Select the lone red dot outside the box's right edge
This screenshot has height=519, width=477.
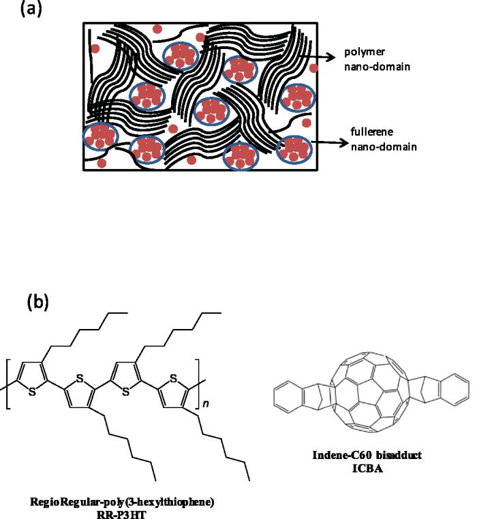pos(313,69)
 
